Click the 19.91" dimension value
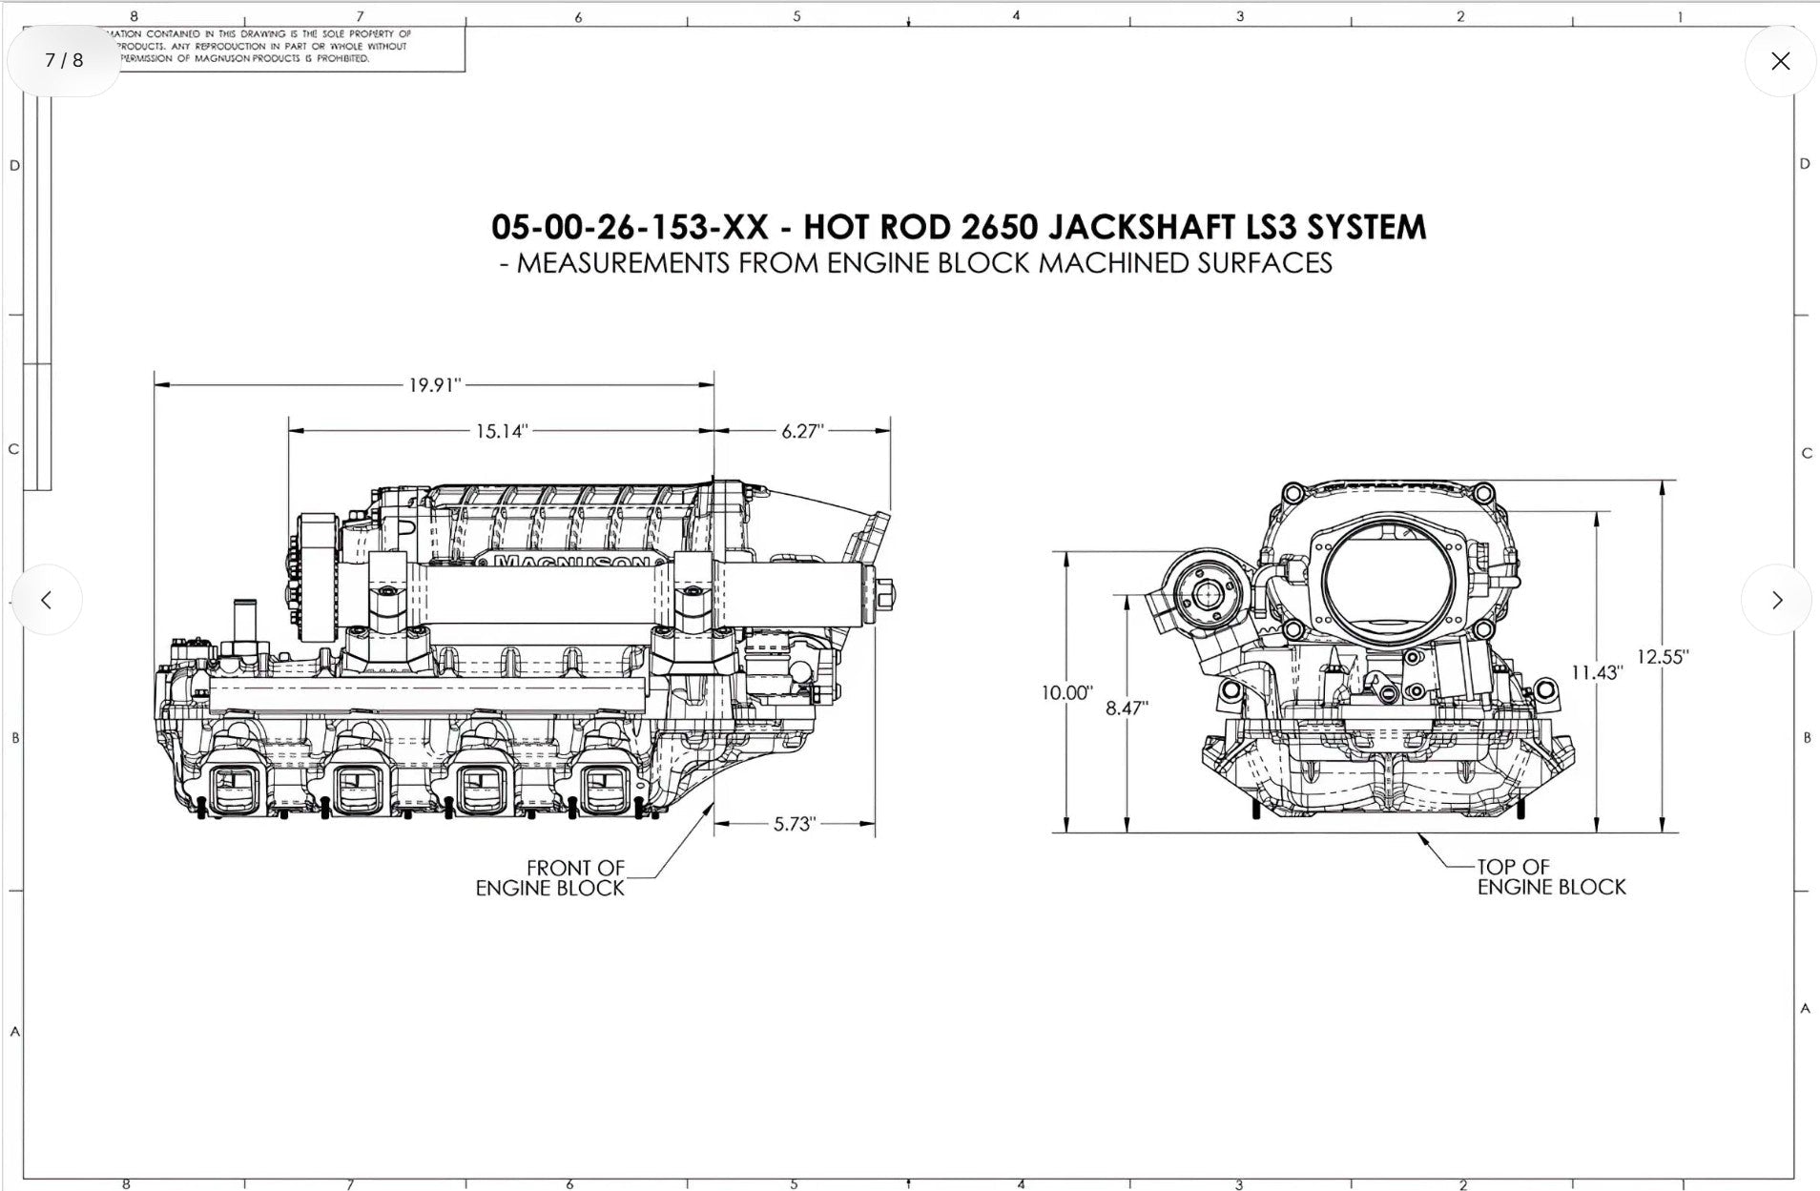pyautogui.click(x=435, y=385)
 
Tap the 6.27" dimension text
pyautogui.click(x=802, y=431)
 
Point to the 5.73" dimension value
pyautogui.click(x=795, y=824)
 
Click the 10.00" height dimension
pyautogui.click(x=1066, y=693)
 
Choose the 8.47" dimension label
pyautogui.click(x=1127, y=708)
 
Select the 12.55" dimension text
pyautogui.click(x=1663, y=657)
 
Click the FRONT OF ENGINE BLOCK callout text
pyautogui.click(x=550, y=878)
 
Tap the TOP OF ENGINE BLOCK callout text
pyautogui.click(x=1551, y=877)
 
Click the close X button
pyautogui.click(x=1780, y=61)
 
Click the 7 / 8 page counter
pyautogui.click(x=64, y=60)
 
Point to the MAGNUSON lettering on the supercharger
pyautogui.click(x=572, y=563)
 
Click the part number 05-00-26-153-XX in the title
pyautogui.click(x=630, y=227)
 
